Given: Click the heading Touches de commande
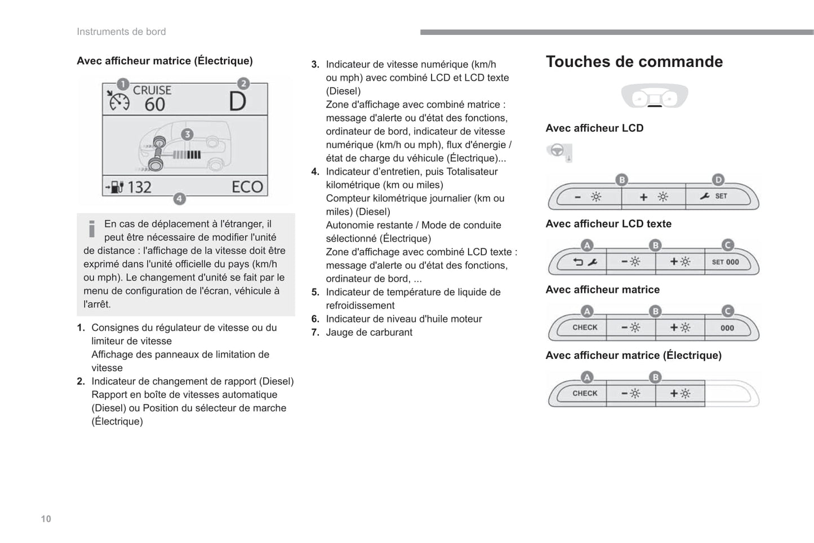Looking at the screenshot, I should pos(634,62).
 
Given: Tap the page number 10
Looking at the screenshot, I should pos(46,519).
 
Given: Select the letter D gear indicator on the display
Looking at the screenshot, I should pos(238,102).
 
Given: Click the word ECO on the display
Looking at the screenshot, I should pos(247,187).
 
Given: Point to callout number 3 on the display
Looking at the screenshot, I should pos(187,134).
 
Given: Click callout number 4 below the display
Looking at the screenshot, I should pos(179,198).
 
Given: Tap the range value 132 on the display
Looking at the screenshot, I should pos(139,187).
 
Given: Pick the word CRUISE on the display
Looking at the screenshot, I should pos(152,90).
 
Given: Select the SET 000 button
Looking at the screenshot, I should pos(726,262).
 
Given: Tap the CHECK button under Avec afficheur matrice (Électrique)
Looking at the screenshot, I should pos(584,393).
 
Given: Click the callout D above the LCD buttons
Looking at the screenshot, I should pos(718,180).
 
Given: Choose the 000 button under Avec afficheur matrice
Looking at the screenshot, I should pos(727,328).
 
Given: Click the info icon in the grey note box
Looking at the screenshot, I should pos(92,229).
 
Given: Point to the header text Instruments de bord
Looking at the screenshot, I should pos(121,32).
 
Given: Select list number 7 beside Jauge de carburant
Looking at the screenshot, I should pos(315,332).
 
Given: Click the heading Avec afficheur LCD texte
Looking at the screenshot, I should pos(608,224).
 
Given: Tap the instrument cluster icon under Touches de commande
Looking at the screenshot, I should pos(654,97).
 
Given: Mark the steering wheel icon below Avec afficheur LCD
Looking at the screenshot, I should pos(557,151).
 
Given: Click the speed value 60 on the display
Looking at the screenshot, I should pos(154,104).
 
